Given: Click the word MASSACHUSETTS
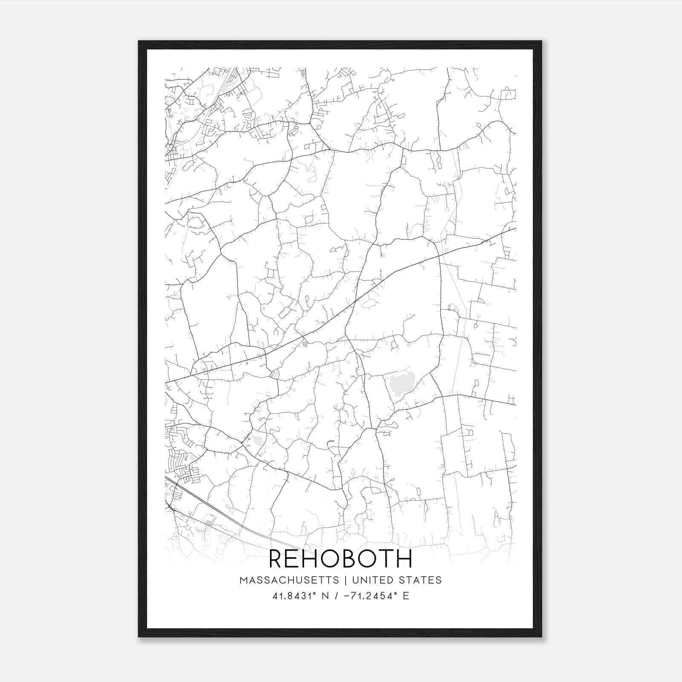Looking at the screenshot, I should tap(289, 580).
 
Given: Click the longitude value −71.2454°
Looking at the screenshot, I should tap(369, 596).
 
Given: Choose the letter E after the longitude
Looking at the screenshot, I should tap(406, 596).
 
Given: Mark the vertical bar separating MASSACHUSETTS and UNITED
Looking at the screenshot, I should tap(343, 580).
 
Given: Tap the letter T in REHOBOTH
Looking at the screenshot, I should tap(386, 559).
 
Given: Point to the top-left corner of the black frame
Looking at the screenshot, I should tap(139, 42).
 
